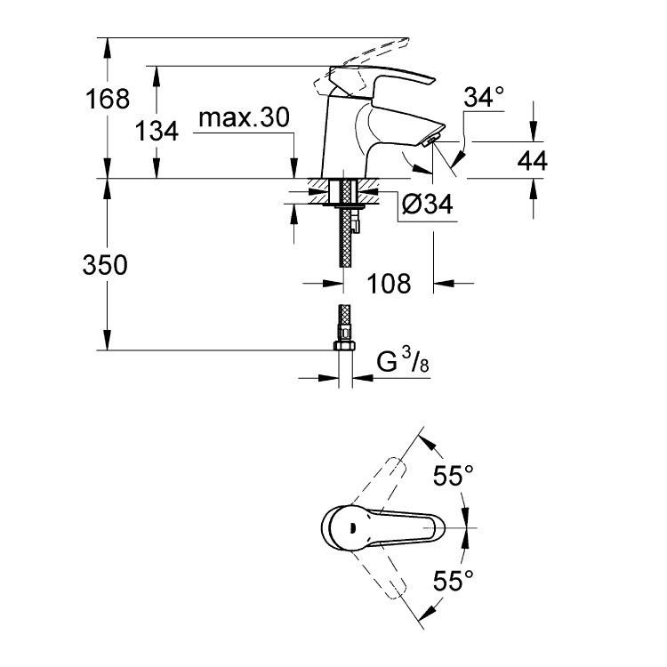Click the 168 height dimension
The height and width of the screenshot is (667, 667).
(x=108, y=99)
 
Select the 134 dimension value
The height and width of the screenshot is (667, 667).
(x=157, y=131)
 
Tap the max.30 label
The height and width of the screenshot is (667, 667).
(x=245, y=117)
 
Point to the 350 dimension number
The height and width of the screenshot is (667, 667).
(x=105, y=265)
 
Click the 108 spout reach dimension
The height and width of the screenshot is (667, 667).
(x=389, y=284)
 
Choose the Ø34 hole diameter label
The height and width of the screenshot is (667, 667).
(x=428, y=205)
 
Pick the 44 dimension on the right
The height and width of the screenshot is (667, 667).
(x=532, y=161)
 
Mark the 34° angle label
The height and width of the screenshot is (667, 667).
(x=484, y=97)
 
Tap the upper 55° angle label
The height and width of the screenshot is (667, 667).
(x=453, y=475)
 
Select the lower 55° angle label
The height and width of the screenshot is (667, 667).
(x=453, y=581)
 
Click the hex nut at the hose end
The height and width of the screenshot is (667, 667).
(x=344, y=344)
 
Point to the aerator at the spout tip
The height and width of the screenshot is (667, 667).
(x=430, y=140)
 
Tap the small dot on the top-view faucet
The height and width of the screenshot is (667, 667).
(x=351, y=528)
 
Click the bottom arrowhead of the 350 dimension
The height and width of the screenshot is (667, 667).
(x=108, y=340)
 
